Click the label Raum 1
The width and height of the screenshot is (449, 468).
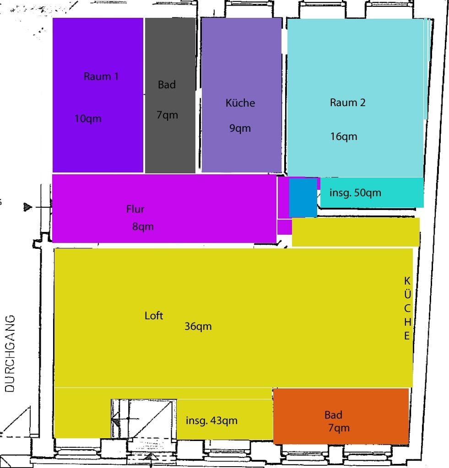point(101,76)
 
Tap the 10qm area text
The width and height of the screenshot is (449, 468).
point(88,119)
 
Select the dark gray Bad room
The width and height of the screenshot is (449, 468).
point(170,95)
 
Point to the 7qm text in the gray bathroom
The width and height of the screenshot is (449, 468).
point(167,115)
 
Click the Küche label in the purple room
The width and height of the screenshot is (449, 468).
point(240,102)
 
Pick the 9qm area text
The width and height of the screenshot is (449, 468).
point(240,129)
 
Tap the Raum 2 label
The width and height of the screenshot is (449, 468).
point(348,102)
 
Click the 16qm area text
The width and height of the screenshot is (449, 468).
point(344,136)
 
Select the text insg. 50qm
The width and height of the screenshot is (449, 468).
point(355,193)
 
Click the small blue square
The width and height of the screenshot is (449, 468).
point(303,198)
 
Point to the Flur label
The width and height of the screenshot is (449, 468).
point(135,209)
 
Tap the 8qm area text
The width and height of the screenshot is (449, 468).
point(143,226)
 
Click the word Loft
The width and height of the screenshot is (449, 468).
point(154,316)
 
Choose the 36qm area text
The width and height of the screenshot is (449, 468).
point(198,326)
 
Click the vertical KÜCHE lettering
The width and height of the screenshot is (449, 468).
point(407,308)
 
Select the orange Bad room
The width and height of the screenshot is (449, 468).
point(341,416)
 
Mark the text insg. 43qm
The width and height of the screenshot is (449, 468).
point(211,420)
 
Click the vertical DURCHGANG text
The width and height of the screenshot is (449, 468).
point(10,353)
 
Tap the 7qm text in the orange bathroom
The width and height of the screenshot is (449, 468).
point(339,428)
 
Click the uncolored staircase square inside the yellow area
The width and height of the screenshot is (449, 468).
point(144,419)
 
